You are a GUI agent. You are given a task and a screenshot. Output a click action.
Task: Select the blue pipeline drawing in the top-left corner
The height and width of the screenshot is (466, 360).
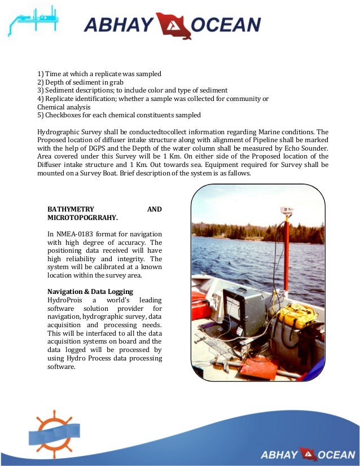[x=33, y=21]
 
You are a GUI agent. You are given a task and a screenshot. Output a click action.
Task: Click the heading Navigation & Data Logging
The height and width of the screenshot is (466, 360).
[x=90, y=292]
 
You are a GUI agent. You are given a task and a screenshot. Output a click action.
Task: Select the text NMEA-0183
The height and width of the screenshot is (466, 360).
[x=78, y=234]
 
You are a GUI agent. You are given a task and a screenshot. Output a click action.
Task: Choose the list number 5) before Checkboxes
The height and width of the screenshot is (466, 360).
[x=41, y=115]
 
